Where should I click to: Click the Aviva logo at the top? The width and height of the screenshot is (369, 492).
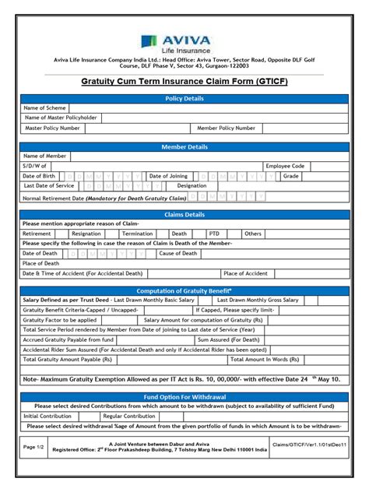184,44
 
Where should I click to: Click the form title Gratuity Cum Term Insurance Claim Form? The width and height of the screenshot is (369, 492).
184,82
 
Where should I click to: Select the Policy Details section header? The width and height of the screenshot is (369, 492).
184,98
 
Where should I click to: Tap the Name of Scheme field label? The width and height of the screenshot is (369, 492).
44,108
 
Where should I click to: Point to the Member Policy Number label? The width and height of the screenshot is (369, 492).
226,128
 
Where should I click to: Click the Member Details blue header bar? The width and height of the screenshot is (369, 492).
184,146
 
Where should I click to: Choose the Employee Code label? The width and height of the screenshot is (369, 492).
285,166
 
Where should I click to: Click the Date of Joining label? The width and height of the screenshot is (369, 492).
168,176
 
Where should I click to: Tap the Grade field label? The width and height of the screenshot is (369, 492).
290,176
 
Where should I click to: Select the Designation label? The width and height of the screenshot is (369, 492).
192,186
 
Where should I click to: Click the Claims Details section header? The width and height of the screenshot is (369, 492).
184,214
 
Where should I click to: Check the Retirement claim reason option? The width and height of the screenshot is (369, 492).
37,234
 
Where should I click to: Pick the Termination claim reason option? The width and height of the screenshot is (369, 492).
137,234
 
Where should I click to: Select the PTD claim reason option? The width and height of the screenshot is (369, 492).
214,234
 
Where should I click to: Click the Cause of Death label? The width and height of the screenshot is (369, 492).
178,253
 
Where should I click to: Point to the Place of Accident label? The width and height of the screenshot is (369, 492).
245,273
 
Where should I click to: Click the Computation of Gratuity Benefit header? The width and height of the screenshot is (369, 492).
184,290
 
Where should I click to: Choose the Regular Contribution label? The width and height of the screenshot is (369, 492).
128,416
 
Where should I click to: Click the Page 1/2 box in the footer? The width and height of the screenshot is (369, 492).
33,447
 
